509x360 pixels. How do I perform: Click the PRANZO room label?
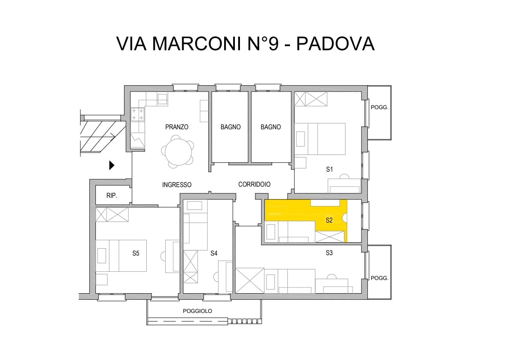(177, 127)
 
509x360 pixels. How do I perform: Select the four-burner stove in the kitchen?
(137, 114)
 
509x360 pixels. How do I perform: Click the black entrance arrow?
(112, 165)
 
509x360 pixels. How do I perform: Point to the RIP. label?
(112, 196)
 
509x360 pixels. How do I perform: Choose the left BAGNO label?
(231, 127)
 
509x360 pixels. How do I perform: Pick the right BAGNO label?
(271, 127)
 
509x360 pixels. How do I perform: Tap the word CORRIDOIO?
(254, 184)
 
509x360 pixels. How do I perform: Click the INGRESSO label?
(177, 184)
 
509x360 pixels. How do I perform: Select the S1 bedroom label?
(329, 169)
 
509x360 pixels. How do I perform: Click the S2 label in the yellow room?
(329, 220)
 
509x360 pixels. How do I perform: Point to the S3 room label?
(329, 253)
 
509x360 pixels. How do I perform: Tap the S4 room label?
(213, 253)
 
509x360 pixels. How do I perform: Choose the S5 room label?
(136, 253)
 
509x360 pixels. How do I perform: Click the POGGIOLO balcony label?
(197, 311)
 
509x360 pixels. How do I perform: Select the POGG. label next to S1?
(379, 107)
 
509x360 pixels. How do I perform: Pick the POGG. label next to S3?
(379, 278)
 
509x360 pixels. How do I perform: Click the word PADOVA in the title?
(335, 44)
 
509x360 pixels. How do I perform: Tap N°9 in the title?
(263, 44)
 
